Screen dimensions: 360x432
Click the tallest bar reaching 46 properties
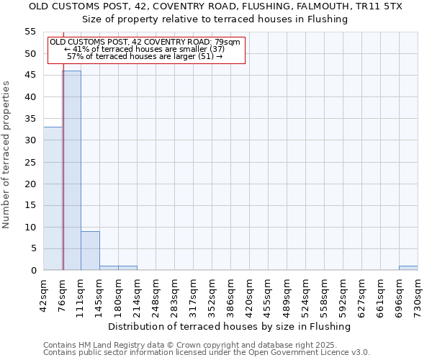(x=71, y=171)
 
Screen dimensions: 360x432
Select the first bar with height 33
(x=53, y=199)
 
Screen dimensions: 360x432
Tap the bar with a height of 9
(x=90, y=251)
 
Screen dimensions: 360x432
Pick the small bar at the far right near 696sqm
(x=408, y=268)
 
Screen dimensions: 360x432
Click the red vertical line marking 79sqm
(x=63, y=151)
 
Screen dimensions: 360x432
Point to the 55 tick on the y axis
(x=30, y=32)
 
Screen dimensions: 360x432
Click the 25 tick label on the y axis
(x=30, y=162)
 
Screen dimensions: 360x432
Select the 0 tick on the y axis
(x=33, y=271)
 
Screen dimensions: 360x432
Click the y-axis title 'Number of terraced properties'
(x=6, y=154)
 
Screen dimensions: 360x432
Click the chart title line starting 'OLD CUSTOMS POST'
(x=216, y=6)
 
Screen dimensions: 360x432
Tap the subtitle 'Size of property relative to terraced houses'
(x=216, y=19)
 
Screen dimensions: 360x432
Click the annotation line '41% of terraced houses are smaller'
(x=146, y=49)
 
